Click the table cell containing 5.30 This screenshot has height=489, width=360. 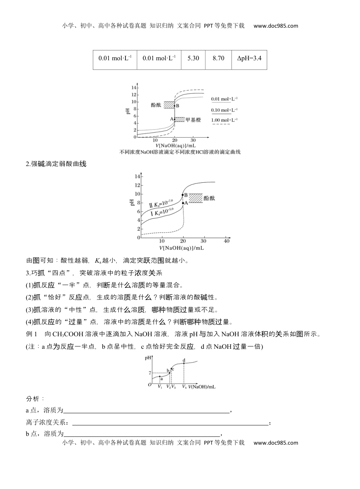(x=193, y=58)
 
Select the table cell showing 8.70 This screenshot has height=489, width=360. (x=218, y=58)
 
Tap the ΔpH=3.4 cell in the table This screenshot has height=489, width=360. (x=249, y=58)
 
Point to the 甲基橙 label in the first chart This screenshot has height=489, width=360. (x=193, y=120)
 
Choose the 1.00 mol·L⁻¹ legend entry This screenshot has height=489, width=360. (x=224, y=121)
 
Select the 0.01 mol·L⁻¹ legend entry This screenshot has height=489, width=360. (x=224, y=99)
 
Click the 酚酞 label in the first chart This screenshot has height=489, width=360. (x=156, y=105)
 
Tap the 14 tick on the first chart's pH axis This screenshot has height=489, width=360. (x=134, y=88)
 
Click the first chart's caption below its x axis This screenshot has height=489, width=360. (x=180, y=152)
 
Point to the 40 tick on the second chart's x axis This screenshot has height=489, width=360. (x=227, y=241)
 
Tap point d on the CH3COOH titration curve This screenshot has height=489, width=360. (x=184, y=363)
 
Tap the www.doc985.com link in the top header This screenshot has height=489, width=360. (x=275, y=26)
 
